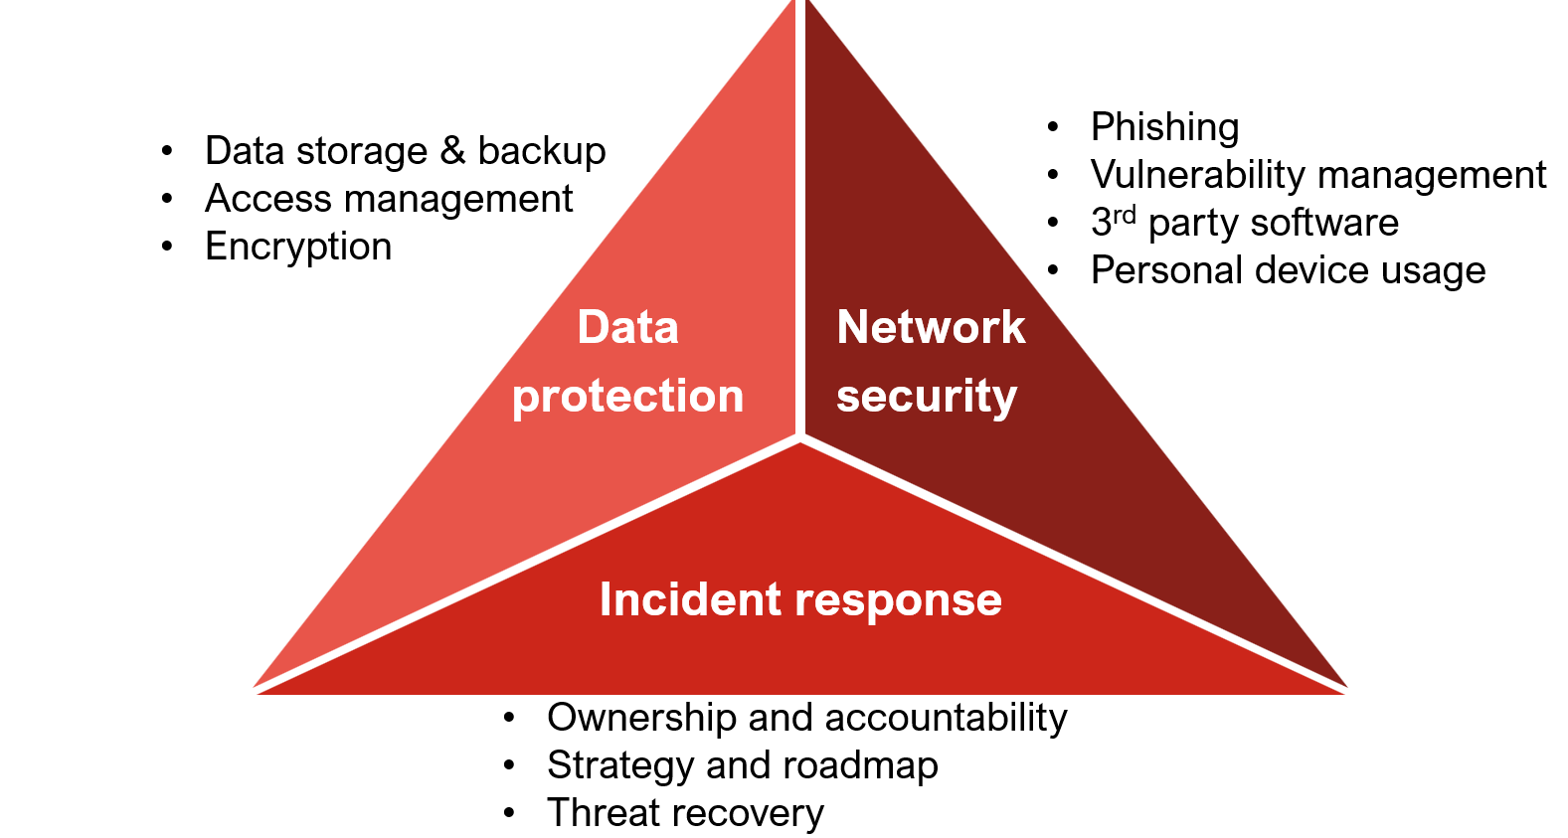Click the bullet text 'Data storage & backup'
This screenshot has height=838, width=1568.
coord(405,151)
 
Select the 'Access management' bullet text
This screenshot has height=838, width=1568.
coord(389,199)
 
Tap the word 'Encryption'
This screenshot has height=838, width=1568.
coord(298,247)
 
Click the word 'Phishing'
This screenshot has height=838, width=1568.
coord(1164,127)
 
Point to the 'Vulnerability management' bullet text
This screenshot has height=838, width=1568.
coord(1317,175)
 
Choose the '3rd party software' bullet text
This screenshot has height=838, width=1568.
coord(1244,223)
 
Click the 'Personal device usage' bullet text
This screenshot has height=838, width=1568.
coord(1288,270)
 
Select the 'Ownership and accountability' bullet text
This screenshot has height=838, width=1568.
coord(806,718)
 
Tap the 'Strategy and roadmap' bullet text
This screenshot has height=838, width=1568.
coord(742,765)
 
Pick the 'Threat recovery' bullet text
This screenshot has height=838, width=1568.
coord(685,813)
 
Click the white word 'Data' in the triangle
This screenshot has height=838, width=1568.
coord(628,327)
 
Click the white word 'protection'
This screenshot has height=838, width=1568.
coord(628,396)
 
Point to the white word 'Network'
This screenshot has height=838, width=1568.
coord(931,327)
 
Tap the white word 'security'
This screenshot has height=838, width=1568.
coord(927,396)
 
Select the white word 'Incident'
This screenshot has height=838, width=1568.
coord(690,599)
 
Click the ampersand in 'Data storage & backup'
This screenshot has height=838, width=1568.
coord(452,151)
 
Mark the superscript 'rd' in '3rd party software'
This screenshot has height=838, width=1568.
coord(1124,215)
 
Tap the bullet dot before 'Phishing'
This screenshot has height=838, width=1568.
coord(1053,127)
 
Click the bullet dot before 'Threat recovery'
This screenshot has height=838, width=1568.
coord(509,813)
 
